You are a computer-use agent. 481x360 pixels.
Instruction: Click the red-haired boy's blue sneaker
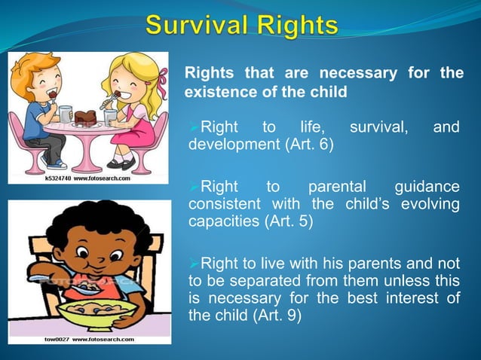point(56,163)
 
